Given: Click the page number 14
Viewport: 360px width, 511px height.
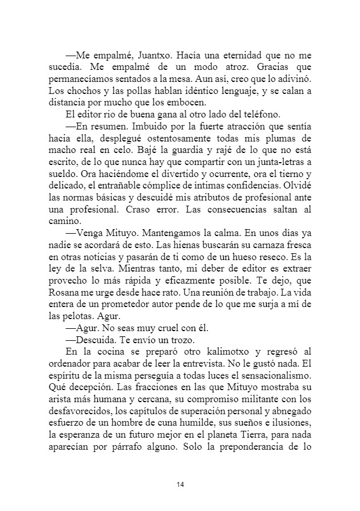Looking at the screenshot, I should pos(180,485).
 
